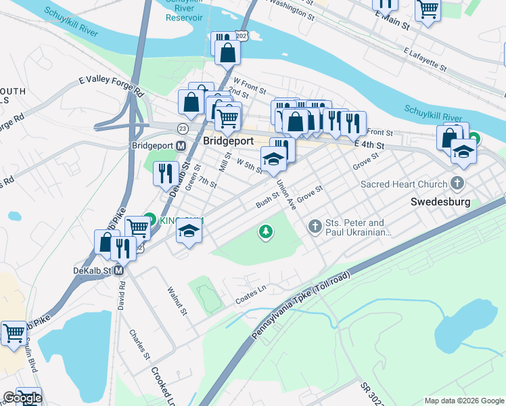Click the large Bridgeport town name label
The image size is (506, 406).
[229, 141]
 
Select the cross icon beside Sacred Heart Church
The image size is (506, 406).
[457, 183]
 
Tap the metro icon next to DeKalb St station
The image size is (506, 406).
[119, 270]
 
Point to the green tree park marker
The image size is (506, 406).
[267, 232]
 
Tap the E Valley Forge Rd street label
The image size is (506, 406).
[112, 87]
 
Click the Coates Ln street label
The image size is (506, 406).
[250, 293]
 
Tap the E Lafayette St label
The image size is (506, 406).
[424, 60]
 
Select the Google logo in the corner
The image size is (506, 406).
[22, 398]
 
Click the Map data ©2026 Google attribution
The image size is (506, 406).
[463, 401]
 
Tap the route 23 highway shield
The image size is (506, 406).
[183, 128]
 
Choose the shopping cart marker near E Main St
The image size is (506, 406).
[428, 9]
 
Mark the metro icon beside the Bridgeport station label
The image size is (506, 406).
[181, 145]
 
